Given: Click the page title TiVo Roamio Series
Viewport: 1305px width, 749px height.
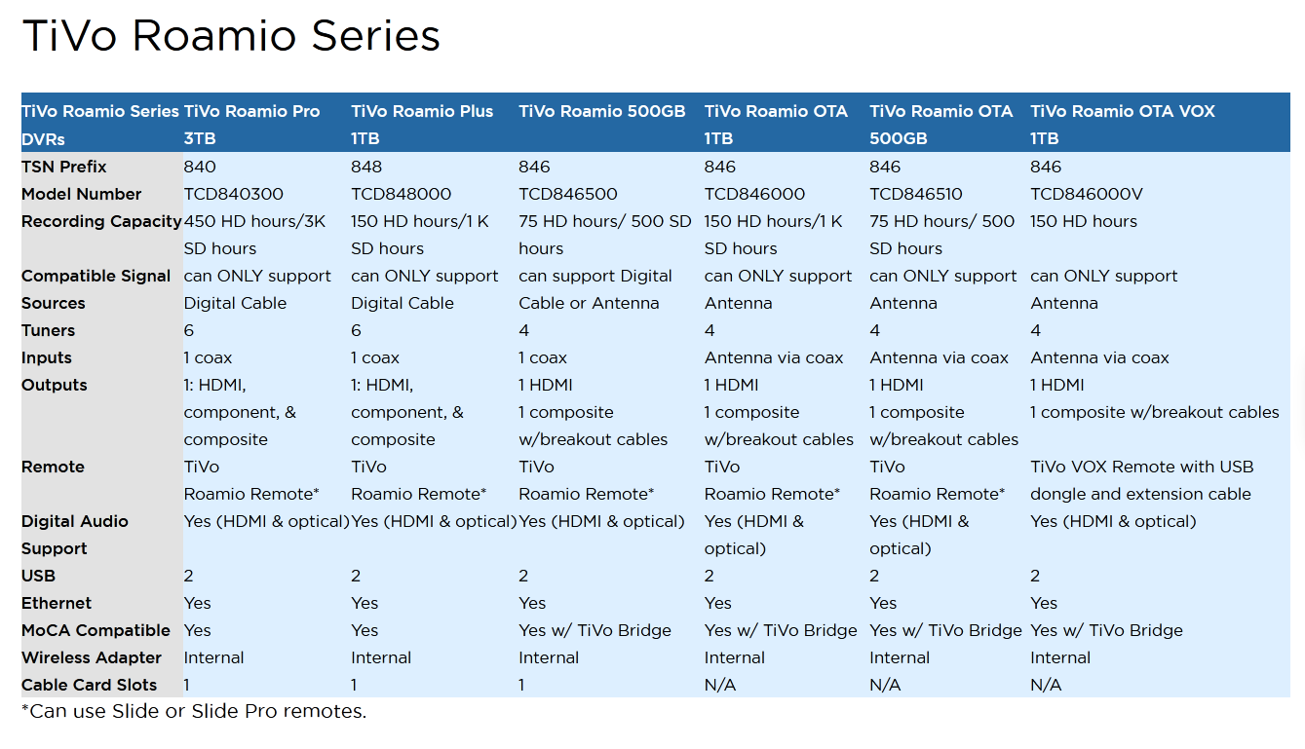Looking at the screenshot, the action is (x=231, y=35).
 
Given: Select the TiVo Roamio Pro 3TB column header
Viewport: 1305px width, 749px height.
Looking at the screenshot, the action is (x=251, y=125).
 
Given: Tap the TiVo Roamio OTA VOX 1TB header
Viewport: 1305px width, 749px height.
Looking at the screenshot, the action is (x=1122, y=125).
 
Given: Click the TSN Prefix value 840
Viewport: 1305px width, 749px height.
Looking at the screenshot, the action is (x=200, y=167).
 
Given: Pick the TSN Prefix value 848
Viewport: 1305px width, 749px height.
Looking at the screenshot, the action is (x=366, y=167).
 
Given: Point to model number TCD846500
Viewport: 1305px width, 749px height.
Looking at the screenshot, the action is (x=568, y=194).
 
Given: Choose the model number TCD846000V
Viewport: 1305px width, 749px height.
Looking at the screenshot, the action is (x=1087, y=194).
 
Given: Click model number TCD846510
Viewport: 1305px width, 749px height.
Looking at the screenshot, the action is (x=916, y=194).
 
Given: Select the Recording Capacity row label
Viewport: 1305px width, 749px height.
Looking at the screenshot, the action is (x=101, y=221).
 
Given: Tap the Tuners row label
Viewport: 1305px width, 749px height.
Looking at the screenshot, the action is (x=49, y=330).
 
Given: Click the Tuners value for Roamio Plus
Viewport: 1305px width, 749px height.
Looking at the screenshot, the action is (x=356, y=330).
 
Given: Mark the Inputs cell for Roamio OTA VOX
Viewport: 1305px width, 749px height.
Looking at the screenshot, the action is (x=1099, y=357).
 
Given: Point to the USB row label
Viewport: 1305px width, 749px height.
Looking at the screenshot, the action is (x=38, y=576).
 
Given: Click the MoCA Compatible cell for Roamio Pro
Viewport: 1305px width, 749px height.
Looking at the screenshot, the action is (x=198, y=630).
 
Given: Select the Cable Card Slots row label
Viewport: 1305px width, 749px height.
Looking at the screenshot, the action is (x=89, y=685).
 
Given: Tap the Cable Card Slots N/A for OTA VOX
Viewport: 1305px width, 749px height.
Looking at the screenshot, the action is (x=1046, y=685).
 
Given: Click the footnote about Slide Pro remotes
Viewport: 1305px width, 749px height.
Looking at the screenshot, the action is (x=194, y=711).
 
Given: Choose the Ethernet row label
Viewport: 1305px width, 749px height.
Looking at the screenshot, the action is (x=57, y=603).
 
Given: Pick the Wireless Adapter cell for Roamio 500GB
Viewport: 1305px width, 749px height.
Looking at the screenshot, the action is (x=549, y=657).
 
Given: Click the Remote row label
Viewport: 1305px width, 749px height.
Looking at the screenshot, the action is (x=53, y=467).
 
